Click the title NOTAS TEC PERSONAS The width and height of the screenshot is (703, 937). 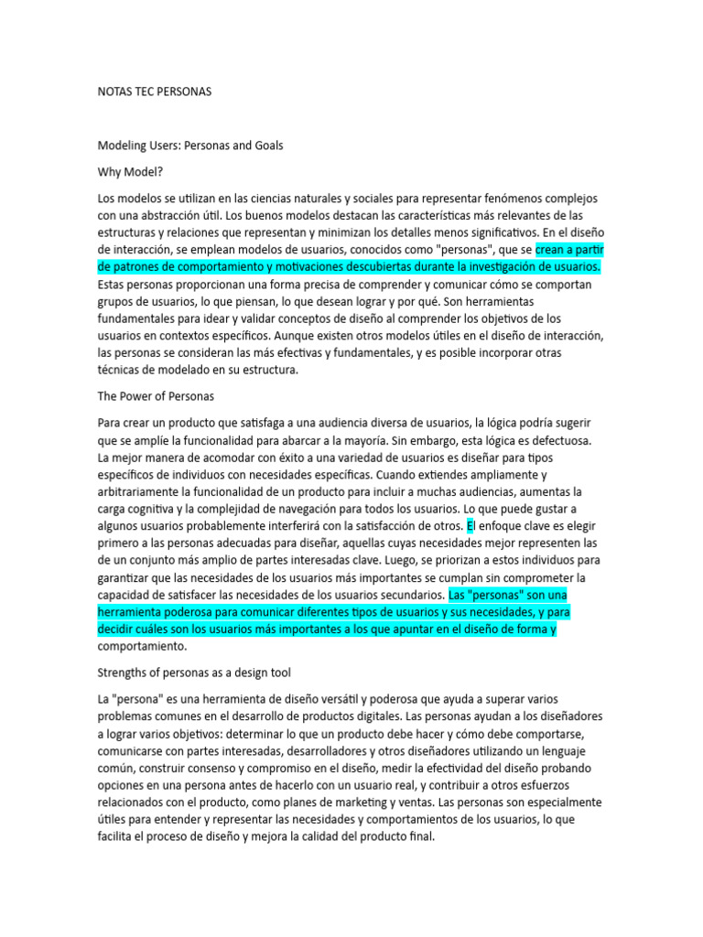[154, 92]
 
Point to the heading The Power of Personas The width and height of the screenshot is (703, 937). [156, 396]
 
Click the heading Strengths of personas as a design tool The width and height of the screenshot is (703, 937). [194, 673]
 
